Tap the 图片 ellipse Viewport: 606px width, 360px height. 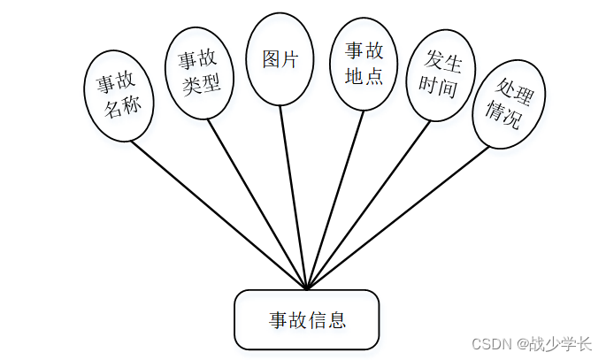(280, 58)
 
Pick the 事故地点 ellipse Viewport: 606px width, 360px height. (363, 63)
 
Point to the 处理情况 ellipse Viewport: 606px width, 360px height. (507, 104)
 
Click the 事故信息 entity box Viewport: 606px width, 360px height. (307, 319)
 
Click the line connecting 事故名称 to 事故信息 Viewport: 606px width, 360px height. (221, 215)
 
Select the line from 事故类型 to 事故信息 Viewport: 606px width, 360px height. (257, 203)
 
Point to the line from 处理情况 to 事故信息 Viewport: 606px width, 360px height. (398, 217)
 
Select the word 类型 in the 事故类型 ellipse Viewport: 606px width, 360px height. (200, 87)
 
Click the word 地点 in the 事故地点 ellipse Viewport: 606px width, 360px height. (363, 76)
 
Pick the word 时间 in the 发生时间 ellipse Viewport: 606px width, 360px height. (440, 88)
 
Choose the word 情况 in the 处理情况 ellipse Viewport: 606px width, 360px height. (505, 119)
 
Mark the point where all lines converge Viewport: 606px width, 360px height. (307, 288)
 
